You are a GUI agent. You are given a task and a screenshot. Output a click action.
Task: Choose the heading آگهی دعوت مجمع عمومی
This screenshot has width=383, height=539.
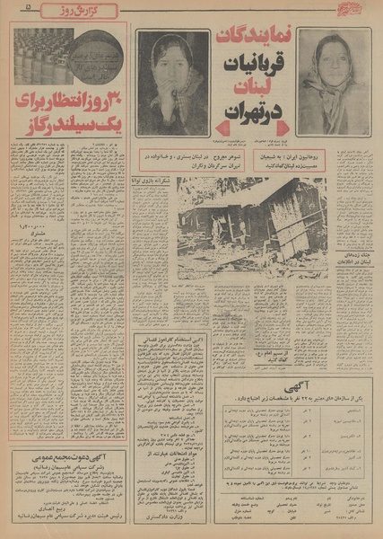click(67, 455)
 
